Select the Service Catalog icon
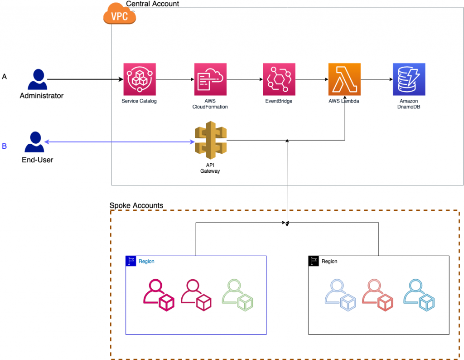click(x=139, y=79)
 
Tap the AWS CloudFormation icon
click(x=210, y=79)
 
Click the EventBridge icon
click(x=279, y=79)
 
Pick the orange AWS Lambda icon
click(x=344, y=79)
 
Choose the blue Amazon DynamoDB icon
click(x=409, y=79)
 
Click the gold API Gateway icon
click(x=210, y=141)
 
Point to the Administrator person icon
click(x=37, y=80)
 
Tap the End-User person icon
click(x=34, y=142)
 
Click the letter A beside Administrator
click(x=5, y=77)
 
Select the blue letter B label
click(x=5, y=146)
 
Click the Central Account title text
click(x=152, y=4)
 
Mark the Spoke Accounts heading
click(x=136, y=205)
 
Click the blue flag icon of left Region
click(x=131, y=261)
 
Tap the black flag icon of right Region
click(x=314, y=261)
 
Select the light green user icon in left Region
click(x=237, y=295)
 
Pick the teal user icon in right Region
click(x=419, y=295)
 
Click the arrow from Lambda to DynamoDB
click(x=377, y=79)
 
